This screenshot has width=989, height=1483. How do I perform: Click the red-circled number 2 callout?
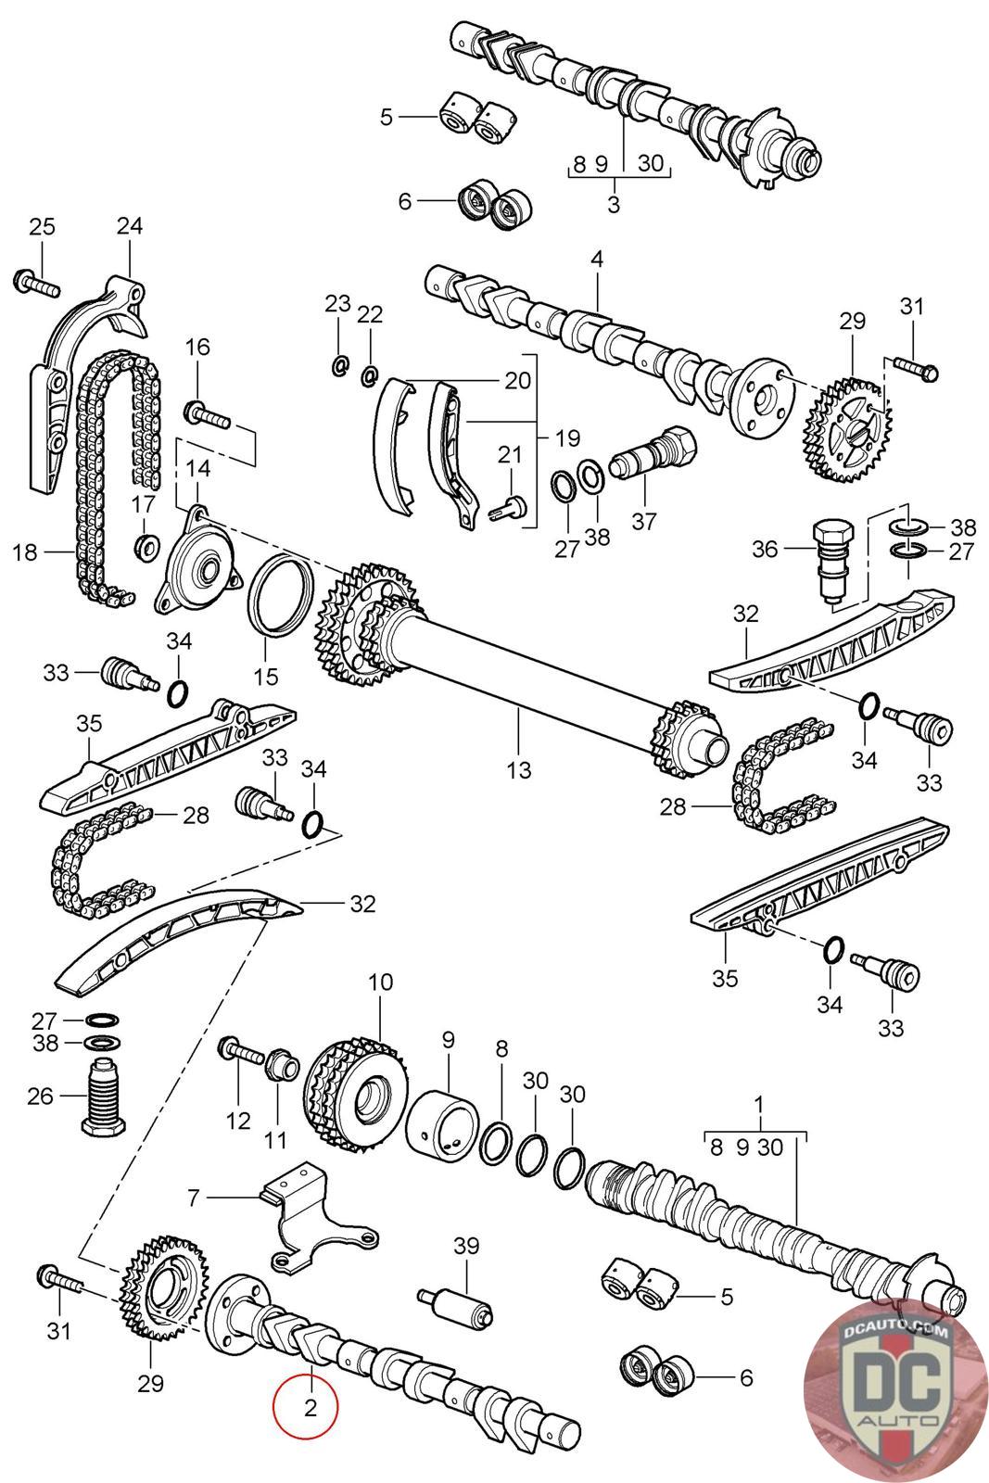click(310, 1407)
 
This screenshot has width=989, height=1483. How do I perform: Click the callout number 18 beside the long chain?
click(25, 553)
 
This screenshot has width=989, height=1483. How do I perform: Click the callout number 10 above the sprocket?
click(380, 982)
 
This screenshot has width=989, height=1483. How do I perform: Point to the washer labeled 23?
click(339, 365)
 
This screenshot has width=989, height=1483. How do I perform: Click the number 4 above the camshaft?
click(597, 259)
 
